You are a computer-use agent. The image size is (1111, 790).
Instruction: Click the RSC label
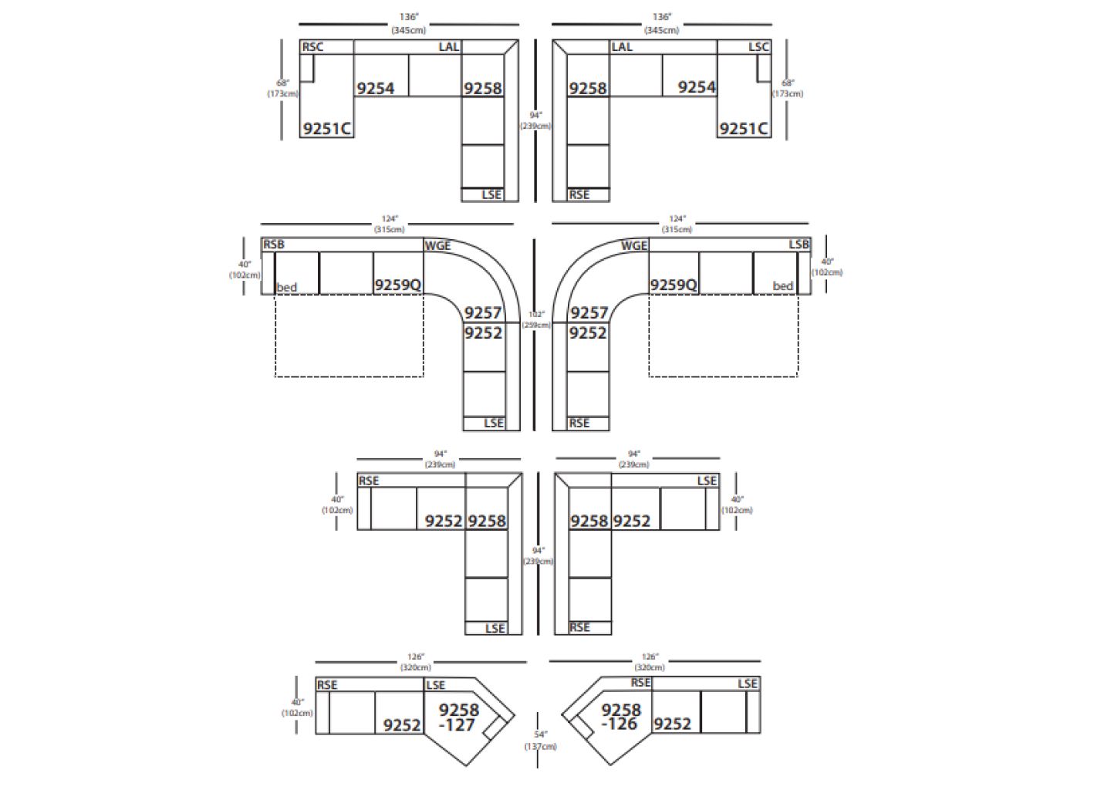tap(312, 47)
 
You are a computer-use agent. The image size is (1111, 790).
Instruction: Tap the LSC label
tap(758, 47)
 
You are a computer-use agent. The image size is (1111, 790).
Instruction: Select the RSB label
tap(274, 245)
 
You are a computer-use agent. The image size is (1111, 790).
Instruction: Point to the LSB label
tap(799, 245)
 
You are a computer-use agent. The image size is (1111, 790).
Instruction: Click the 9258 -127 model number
tap(458, 717)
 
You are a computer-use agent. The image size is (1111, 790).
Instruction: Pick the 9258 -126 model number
tap(621, 717)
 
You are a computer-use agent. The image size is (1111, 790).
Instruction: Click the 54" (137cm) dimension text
tap(540, 741)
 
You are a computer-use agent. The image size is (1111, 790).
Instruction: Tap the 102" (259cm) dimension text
tap(536, 319)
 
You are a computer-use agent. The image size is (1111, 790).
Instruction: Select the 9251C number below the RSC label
tap(327, 129)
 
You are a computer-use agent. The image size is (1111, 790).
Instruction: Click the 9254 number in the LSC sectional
tap(697, 88)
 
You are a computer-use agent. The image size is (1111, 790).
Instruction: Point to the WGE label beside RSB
tap(437, 246)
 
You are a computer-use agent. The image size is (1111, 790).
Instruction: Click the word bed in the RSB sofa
tap(287, 288)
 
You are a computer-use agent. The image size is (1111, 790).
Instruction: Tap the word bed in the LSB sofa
tap(783, 286)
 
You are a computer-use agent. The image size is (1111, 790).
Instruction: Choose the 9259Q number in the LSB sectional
tap(674, 285)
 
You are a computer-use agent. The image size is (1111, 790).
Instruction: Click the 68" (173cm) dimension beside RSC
tap(283, 88)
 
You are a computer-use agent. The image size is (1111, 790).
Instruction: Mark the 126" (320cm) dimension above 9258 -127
tap(416, 662)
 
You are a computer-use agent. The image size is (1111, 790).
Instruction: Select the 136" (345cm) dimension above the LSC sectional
tap(661, 23)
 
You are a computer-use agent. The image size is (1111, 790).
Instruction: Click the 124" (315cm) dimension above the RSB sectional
tap(390, 224)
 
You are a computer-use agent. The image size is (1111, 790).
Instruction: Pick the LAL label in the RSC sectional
tap(449, 47)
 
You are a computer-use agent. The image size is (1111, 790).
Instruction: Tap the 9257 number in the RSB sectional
tap(483, 312)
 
